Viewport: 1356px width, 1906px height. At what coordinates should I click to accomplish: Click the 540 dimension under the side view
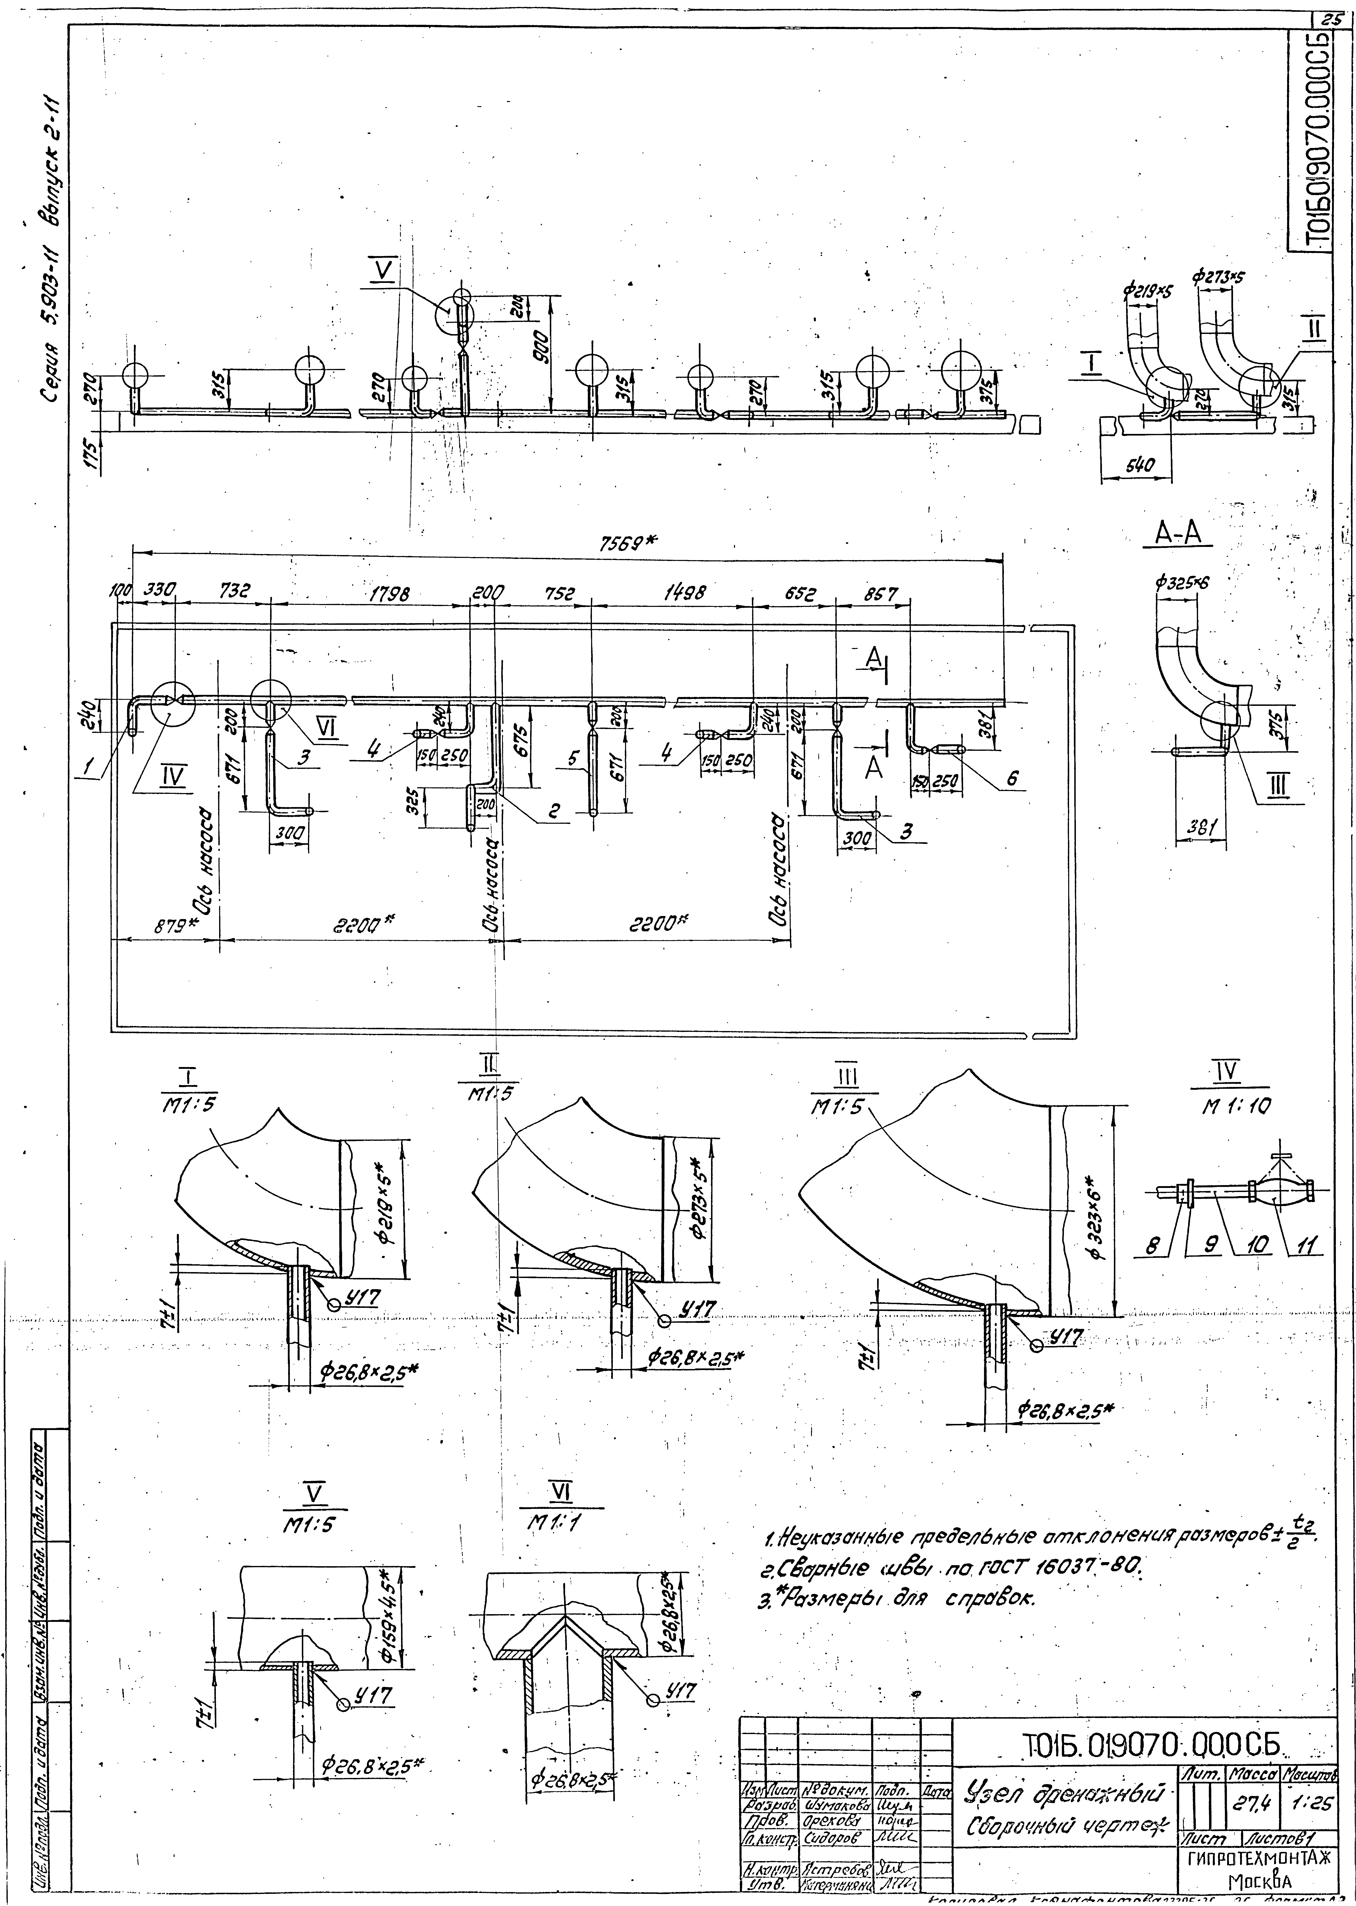tap(1138, 467)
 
